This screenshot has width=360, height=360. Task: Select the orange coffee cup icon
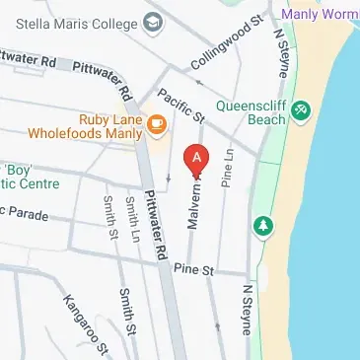click(155, 123)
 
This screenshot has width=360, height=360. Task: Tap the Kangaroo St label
click(84, 319)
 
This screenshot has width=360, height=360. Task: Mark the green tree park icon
click(263, 226)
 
